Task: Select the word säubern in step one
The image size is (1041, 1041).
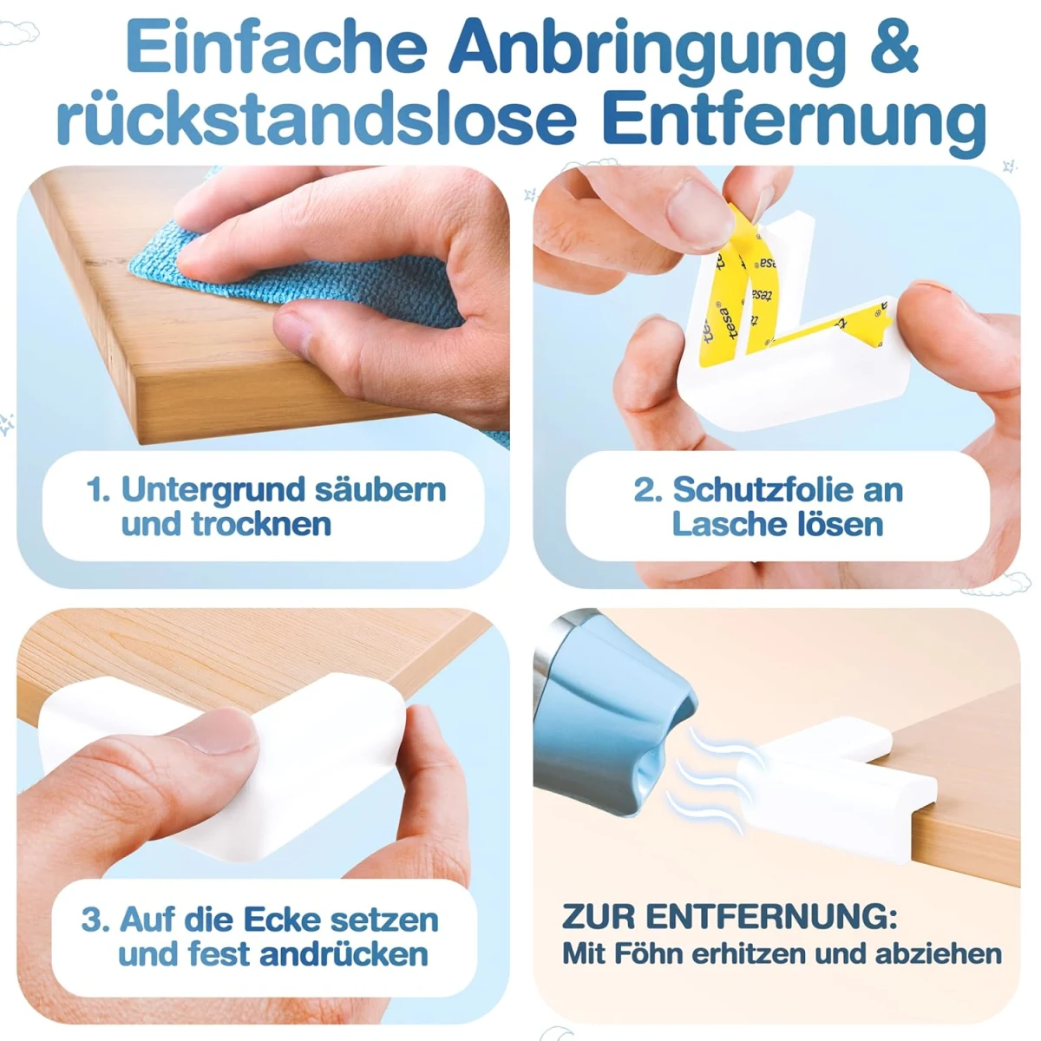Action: click(x=380, y=489)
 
